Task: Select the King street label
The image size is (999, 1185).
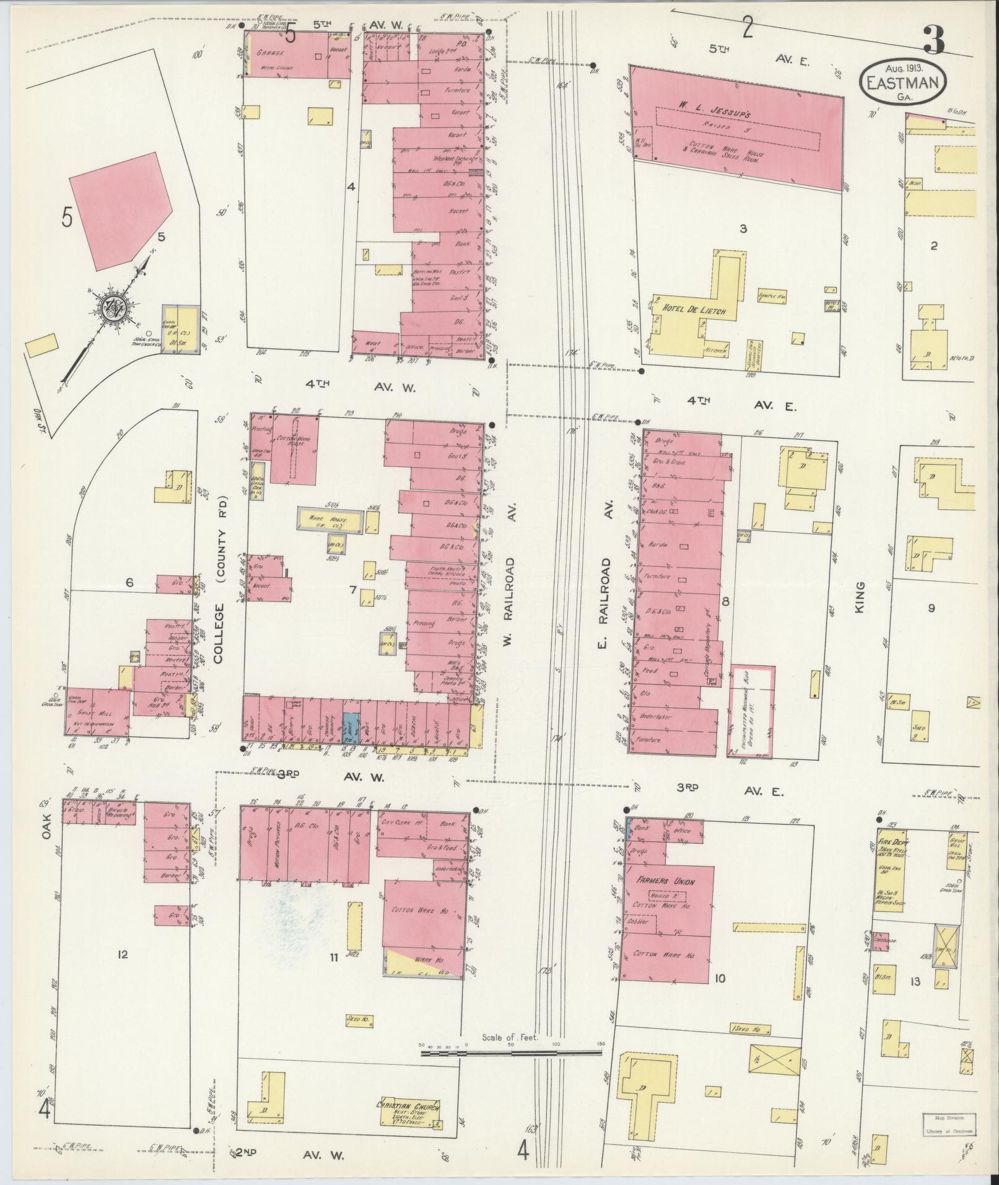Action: click(859, 601)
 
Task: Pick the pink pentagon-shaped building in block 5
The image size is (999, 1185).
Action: click(121, 211)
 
